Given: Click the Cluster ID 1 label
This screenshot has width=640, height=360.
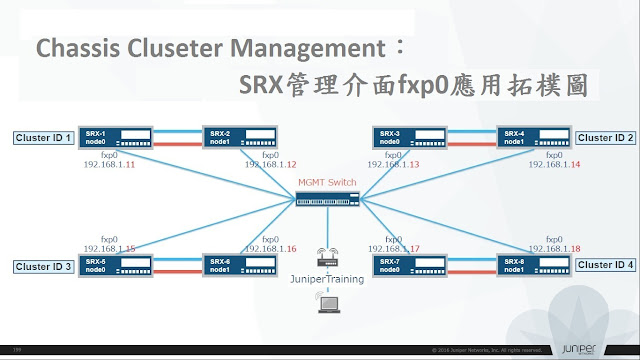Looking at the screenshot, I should [x=43, y=137].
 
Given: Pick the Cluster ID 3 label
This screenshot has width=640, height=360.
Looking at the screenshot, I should [x=43, y=266].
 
